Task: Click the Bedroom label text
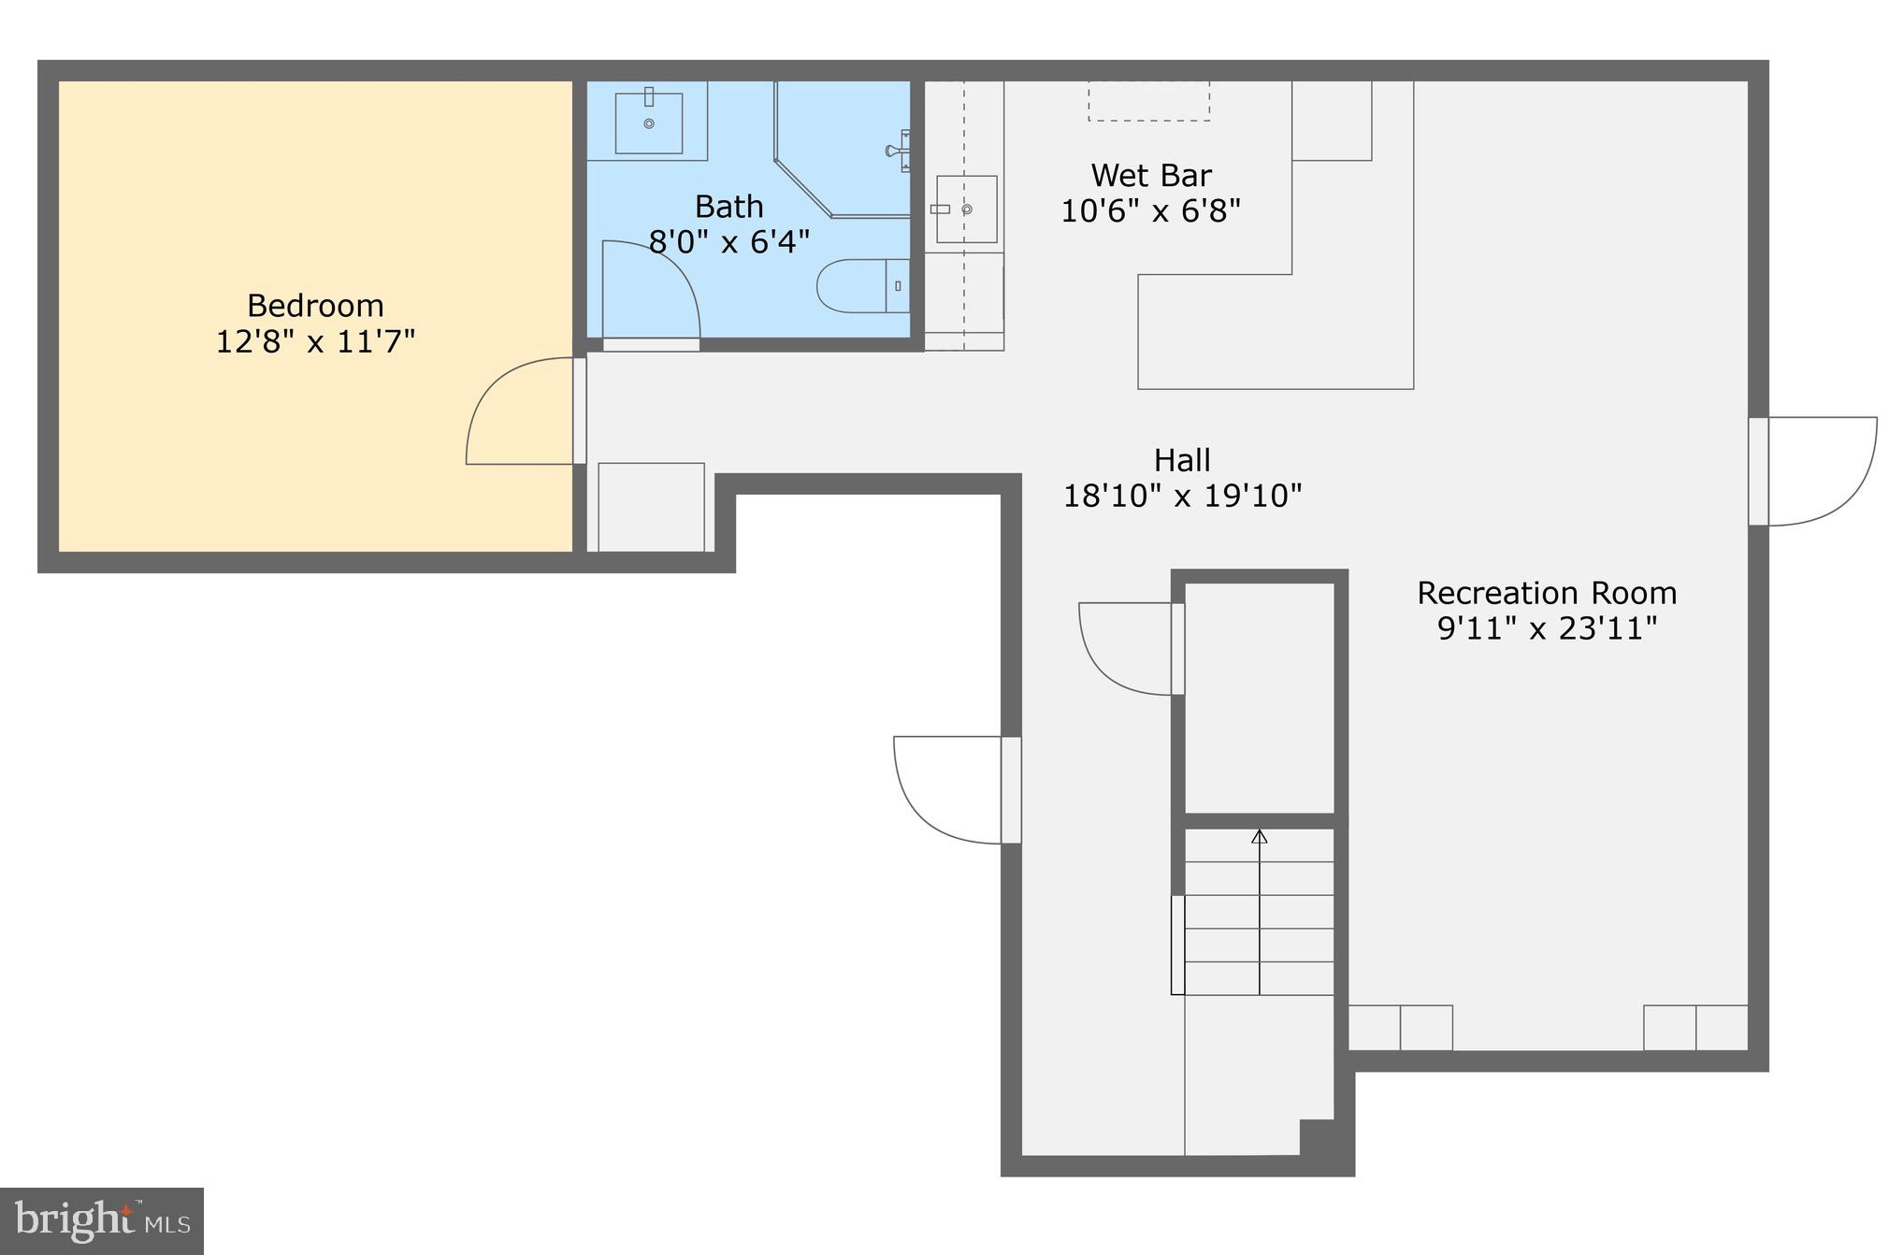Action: tap(315, 306)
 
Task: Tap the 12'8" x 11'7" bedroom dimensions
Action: tap(315, 341)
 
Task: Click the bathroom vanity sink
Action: tap(648, 123)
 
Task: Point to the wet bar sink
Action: tap(966, 209)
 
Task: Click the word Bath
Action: tap(728, 207)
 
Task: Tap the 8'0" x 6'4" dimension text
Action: tap(728, 242)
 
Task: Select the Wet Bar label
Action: tap(1150, 176)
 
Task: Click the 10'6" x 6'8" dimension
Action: tap(1150, 211)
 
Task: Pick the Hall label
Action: tap(1182, 460)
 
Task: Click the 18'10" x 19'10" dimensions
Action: tap(1182, 496)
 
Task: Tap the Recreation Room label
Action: tap(1546, 593)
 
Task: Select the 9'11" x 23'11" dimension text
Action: tap(1546, 628)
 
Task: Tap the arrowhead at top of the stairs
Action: tap(1259, 837)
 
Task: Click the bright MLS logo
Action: tap(102, 1220)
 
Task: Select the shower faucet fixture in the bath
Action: tap(899, 151)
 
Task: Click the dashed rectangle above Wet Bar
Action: tap(1148, 101)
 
